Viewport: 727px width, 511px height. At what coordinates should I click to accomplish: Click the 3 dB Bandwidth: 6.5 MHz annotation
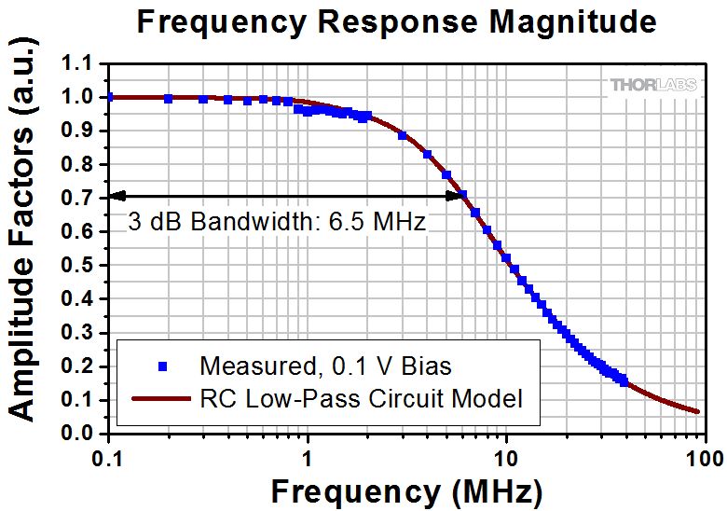pos(276,223)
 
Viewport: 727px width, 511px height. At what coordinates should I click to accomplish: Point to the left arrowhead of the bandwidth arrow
pos(116,196)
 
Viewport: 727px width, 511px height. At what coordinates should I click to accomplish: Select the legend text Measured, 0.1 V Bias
pos(326,365)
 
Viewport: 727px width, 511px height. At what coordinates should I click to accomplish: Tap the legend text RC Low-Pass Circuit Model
pos(361,399)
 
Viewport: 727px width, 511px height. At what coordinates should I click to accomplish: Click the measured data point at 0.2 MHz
pos(169,98)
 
